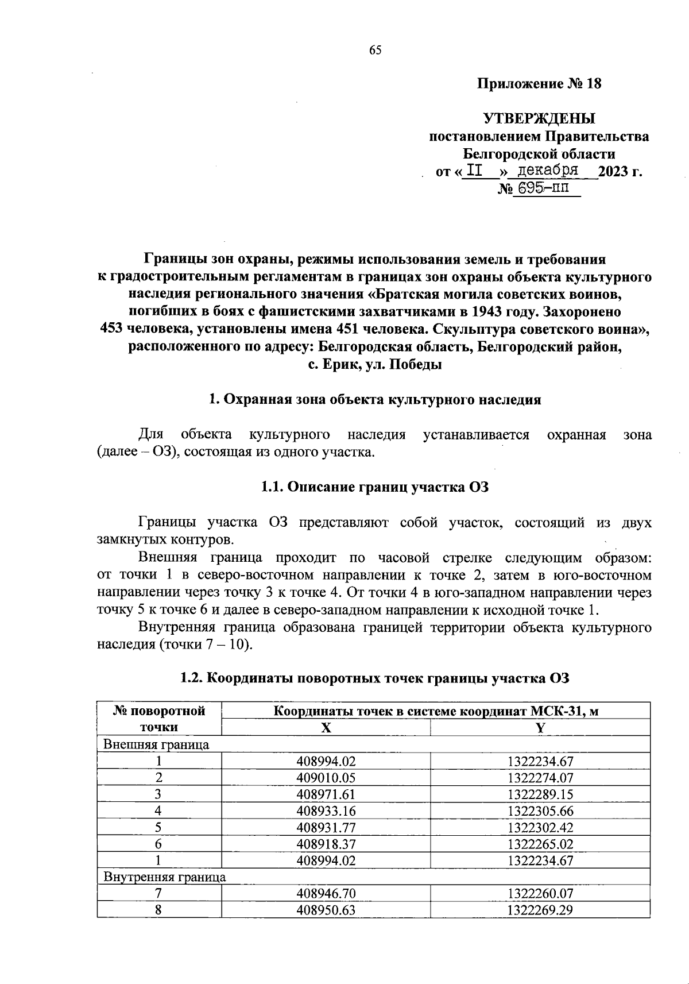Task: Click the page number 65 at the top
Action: click(x=375, y=50)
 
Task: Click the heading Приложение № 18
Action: click(x=539, y=84)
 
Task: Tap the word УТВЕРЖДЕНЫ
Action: click(x=539, y=119)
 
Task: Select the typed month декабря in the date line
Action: click(x=547, y=171)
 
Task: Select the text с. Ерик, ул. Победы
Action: click(x=374, y=364)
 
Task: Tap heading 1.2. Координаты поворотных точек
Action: click(x=374, y=678)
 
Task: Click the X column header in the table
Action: click(x=326, y=728)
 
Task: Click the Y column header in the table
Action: click(x=540, y=728)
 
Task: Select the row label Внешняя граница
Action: click(x=156, y=745)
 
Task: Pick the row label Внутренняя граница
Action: click(x=164, y=877)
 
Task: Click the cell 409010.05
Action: click(x=326, y=778)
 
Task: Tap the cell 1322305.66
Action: click(x=540, y=811)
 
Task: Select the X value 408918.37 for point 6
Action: click(x=326, y=844)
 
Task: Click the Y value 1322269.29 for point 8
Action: click(x=540, y=910)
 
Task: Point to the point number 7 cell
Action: click(x=159, y=894)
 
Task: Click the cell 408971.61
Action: click(x=326, y=795)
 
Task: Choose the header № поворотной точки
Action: click(x=159, y=719)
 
